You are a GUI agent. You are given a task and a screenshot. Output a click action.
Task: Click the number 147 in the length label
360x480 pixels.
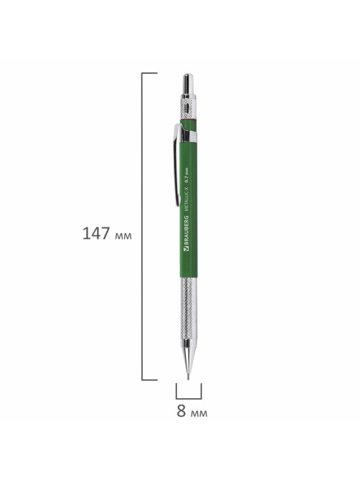pos(95,234)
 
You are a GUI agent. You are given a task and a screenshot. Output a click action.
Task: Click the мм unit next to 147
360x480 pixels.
pos(123,236)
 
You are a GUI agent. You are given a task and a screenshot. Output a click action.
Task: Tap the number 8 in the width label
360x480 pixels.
pos(181,411)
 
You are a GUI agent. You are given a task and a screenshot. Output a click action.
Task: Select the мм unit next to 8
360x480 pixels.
pos(199,413)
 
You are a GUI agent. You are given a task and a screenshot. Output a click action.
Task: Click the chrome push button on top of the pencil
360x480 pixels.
pos(188,84)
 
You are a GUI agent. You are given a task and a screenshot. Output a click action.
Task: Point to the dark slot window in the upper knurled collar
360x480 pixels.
pos(187,108)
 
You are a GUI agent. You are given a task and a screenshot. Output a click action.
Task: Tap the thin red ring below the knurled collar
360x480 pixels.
pos(188,119)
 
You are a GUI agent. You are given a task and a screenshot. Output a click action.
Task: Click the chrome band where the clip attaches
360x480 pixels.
pos(189,136)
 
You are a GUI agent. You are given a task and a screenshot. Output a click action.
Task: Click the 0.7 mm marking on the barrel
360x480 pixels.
pos(187,175)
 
